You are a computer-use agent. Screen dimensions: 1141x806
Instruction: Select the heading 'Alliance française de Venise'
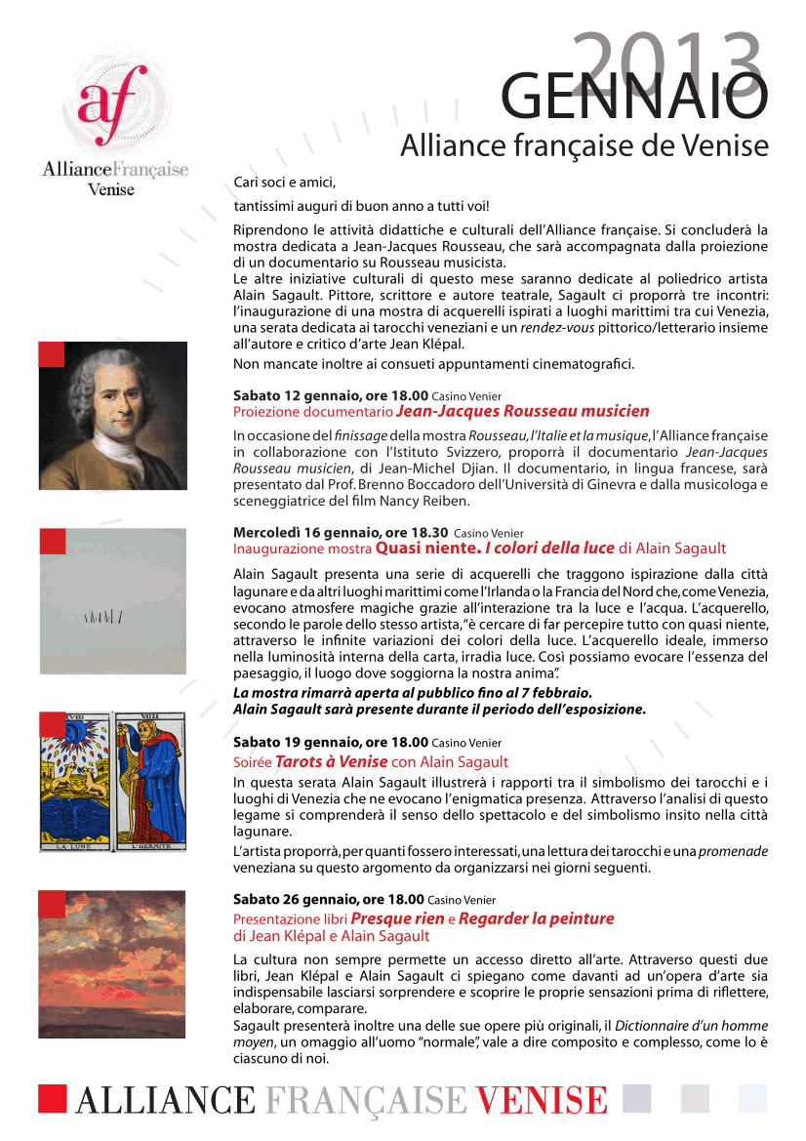(584, 146)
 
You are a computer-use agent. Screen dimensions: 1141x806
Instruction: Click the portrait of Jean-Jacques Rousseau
(113, 415)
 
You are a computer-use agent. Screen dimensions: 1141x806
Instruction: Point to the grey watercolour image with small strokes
(113, 605)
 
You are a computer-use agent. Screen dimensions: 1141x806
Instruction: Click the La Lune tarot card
(74, 782)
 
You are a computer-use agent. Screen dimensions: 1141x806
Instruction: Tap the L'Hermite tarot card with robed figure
(148, 782)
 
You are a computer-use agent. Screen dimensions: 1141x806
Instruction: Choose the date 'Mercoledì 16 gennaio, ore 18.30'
(340, 533)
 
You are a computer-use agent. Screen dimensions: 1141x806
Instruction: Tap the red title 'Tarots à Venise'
(331, 761)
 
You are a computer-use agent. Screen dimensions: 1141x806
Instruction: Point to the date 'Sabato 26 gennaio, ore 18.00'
(328, 899)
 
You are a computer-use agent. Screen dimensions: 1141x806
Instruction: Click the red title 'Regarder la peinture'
(536, 918)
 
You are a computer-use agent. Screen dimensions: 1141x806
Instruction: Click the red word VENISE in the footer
(542, 1100)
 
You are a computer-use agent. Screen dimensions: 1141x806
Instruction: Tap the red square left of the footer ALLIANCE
(53, 1098)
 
